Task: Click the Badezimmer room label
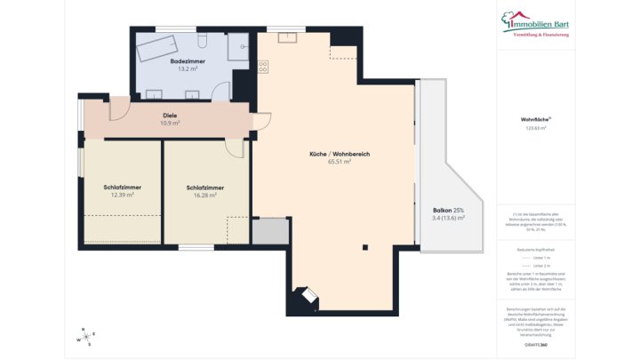coord(188,61)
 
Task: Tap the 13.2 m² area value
coord(188,68)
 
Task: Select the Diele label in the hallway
coord(170,116)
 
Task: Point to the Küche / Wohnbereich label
coord(339,155)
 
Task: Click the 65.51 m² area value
coord(339,162)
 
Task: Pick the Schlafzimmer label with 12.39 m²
coord(122,188)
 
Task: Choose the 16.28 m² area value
coord(204,195)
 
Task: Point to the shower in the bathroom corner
coord(237,46)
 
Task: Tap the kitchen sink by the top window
coord(286,38)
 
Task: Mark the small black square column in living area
coord(365,248)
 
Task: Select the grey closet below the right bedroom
coord(269,231)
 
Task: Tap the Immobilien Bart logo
coord(536,23)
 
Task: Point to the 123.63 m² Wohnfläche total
coord(536,128)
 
